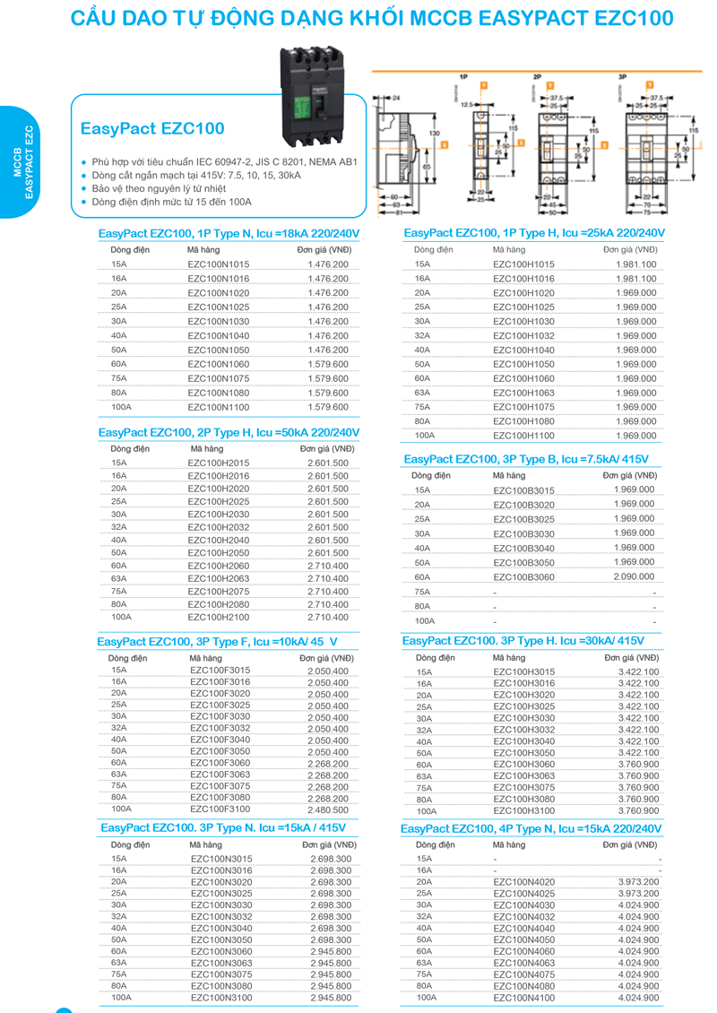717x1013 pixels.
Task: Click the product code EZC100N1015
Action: click(219, 264)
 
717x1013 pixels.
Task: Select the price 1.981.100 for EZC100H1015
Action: click(635, 264)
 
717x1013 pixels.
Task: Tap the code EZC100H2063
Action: click(219, 578)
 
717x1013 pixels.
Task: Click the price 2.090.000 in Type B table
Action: click(634, 576)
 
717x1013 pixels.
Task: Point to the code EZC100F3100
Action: click(220, 809)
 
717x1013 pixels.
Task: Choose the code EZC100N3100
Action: click(221, 997)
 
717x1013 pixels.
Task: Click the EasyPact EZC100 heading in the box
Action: click(152, 129)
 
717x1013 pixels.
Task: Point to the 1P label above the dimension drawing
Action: click(463, 78)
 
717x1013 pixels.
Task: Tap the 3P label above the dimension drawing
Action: click(622, 78)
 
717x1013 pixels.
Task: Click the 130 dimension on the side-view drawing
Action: click(435, 133)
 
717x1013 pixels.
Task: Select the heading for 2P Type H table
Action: click(229, 432)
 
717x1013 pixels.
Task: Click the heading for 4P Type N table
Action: click(531, 829)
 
